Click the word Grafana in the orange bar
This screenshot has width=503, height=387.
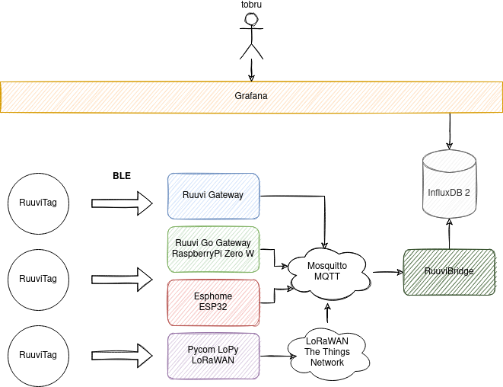pyautogui.click(x=250, y=96)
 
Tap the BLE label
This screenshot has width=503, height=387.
pyautogui.click(x=122, y=176)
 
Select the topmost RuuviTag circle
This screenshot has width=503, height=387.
pyautogui.click(x=38, y=203)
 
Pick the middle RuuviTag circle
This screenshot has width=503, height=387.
pyautogui.click(x=38, y=279)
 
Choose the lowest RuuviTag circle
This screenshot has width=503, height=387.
pyautogui.click(x=38, y=355)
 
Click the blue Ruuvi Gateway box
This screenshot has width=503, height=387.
pyautogui.click(x=213, y=196)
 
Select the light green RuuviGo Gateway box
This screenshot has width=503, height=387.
pyautogui.click(x=213, y=249)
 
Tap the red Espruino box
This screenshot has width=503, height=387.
pyautogui.click(x=213, y=302)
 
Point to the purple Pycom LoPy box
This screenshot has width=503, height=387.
pyautogui.click(x=213, y=355)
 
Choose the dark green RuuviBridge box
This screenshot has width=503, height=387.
pyautogui.click(x=449, y=271)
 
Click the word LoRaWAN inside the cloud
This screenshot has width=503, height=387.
pyautogui.click(x=327, y=341)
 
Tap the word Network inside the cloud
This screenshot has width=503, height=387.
pyautogui.click(x=327, y=363)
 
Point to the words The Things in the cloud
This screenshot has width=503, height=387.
pyautogui.click(x=327, y=352)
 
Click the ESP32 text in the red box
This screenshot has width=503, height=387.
pyautogui.click(x=213, y=306)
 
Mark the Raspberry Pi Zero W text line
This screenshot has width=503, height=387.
pyautogui.click(x=213, y=254)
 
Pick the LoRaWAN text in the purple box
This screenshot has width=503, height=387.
pyautogui.click(x=213, y=360)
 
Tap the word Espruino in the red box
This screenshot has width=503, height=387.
pyautogui.click(x=213, y=296)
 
